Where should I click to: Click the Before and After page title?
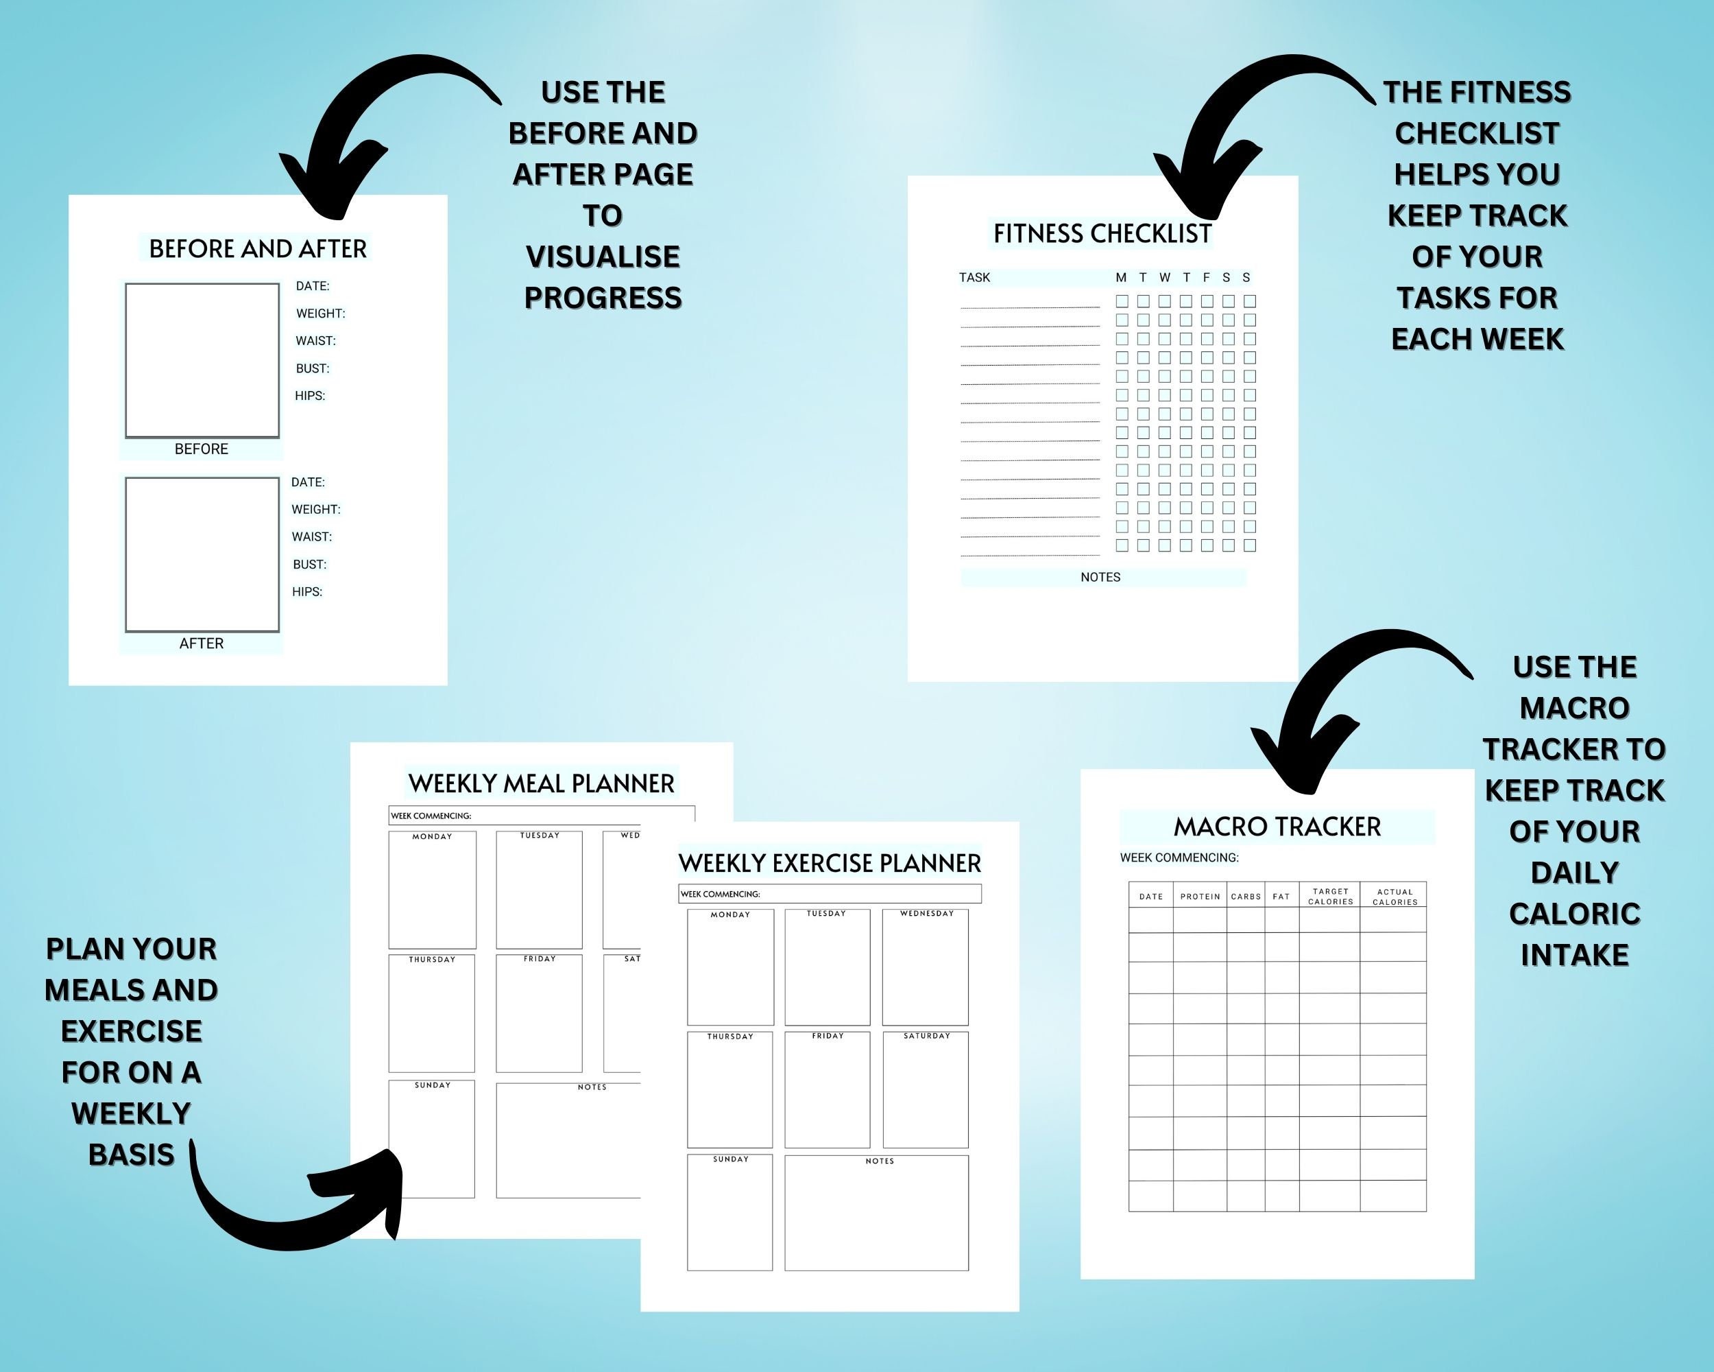tap(258, 249)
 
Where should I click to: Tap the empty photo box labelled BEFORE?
tap(202, 360)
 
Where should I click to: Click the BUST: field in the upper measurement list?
tap(313, 368)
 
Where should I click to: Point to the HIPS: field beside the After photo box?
tap(307, 592)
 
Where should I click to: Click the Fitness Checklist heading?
tap(1102, 234)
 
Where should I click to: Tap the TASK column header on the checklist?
tap(975, 278)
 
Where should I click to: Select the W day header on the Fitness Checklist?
tap(1165, 278)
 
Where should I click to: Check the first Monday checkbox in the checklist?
tap(1122, 301)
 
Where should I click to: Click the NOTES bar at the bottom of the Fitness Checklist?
tap(1101, 578)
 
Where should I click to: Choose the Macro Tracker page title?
tap(1277, 827)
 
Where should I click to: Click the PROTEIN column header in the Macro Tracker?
tap(1200, 897)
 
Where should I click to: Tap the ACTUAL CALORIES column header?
tap(1395, 897)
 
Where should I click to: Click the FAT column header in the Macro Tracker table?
tap(1281, 897)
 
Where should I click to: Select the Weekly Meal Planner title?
tap(542, 783)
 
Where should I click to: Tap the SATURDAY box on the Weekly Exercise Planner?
tap(926, 1089)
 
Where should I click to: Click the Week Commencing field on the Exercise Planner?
tap(829, 894)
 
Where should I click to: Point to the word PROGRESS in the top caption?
tap(603, 298)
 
